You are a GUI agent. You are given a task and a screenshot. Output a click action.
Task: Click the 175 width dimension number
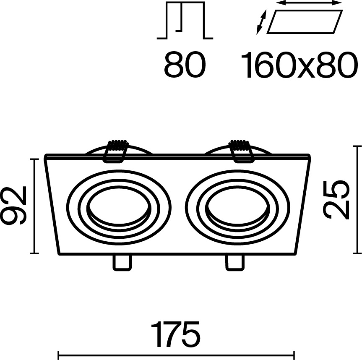tap(175, 334)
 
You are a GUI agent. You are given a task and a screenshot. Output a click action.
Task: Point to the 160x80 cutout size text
tap(298, 65)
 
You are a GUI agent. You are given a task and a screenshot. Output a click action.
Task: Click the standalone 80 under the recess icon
tap(185, 65)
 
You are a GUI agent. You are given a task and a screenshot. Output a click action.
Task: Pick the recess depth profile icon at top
tap(185, 20)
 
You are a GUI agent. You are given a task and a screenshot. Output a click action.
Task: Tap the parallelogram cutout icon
tap(305, 22)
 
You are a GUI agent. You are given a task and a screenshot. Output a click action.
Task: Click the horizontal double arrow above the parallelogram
tap(309, 3)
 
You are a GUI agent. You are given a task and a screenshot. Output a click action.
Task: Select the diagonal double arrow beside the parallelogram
tap(261, 22)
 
